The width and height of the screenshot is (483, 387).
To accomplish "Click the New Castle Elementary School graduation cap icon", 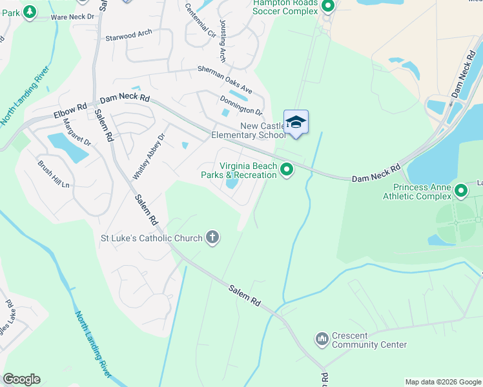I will [x=296, y=122].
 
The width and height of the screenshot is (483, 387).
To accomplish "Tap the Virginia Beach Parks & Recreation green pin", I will [x=287, y=170].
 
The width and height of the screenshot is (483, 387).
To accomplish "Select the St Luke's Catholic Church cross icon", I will [x=212, y=237].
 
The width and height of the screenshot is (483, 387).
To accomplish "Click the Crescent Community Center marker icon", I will [x=322, y=339].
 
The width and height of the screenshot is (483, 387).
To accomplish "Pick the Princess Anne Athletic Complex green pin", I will [x=461, y=190].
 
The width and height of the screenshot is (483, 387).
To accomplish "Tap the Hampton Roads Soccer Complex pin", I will [x=328, y=6].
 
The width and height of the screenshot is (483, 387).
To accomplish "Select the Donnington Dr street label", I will [x=241, y=104].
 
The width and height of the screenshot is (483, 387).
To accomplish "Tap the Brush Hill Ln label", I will [x=53, y=174].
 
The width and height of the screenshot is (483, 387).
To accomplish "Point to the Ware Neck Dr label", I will [x=68, y=17].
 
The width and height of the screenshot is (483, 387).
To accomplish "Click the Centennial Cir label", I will [x=200, y=19].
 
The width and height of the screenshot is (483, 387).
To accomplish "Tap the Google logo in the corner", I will [x=21, y=379].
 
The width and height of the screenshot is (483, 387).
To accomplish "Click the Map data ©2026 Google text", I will [x=442, y=382].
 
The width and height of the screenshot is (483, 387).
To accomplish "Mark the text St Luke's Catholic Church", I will [x=152, y=238].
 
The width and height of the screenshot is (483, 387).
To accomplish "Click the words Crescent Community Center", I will [x=369, y=340].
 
